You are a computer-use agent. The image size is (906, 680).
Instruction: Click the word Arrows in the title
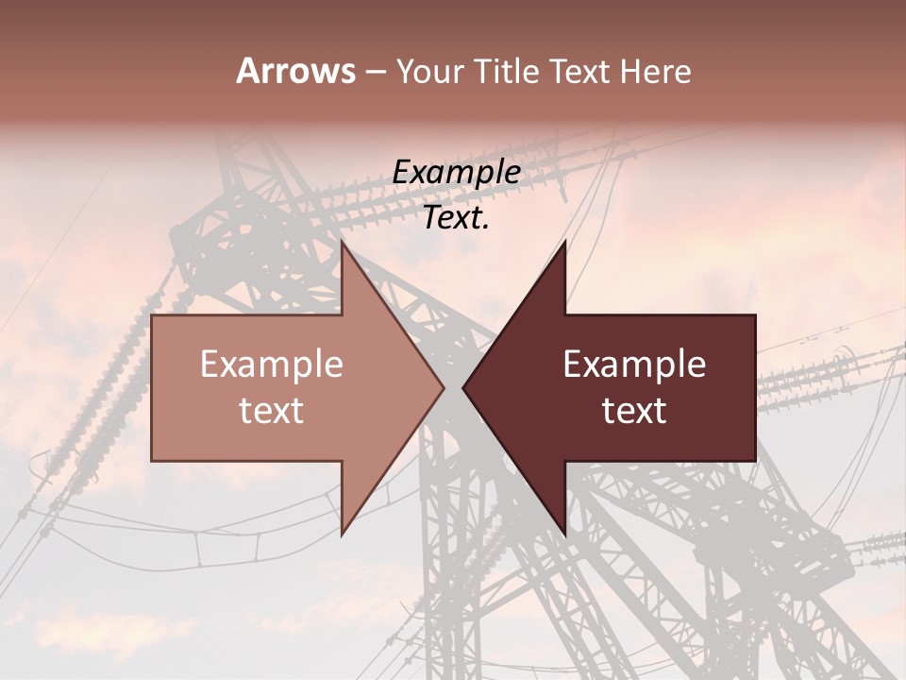coord(296,71)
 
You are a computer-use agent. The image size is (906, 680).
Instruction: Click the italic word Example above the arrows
coord(457,173)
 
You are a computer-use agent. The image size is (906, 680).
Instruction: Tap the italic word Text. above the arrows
coord(457,218)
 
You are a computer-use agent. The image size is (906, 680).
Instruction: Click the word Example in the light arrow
coord(272,365)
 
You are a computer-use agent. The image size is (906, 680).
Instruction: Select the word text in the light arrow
coord(272,411)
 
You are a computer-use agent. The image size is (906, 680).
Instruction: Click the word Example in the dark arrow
coord(634,365)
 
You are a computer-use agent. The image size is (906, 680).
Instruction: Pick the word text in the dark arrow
coord(634,411)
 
